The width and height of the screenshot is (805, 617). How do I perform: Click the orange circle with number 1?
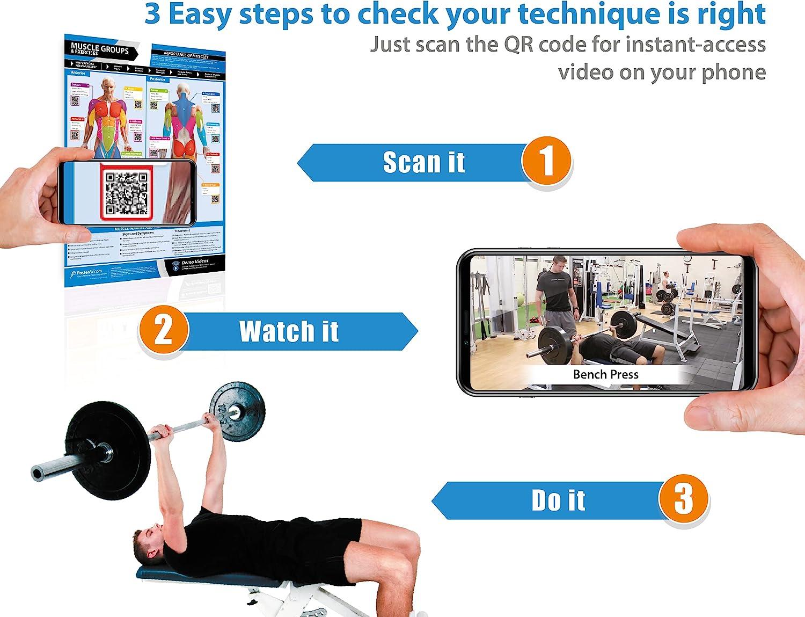(x=546, y=161)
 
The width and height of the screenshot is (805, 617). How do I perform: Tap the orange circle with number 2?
(x=163, y=329)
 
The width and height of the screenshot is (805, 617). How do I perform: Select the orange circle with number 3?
(x=683, y=499)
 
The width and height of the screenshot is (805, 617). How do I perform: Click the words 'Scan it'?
(x=423, y=162)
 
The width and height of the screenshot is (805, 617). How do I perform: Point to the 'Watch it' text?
(x=289, y=331)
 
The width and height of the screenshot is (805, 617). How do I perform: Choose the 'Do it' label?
(x=558, y=500)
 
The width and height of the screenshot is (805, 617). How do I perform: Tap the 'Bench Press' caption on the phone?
(x=605, y=374)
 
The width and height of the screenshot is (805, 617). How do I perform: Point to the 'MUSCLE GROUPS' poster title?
(x=100, y=49)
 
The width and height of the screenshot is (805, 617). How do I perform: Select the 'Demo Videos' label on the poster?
(x=194, y=262)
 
